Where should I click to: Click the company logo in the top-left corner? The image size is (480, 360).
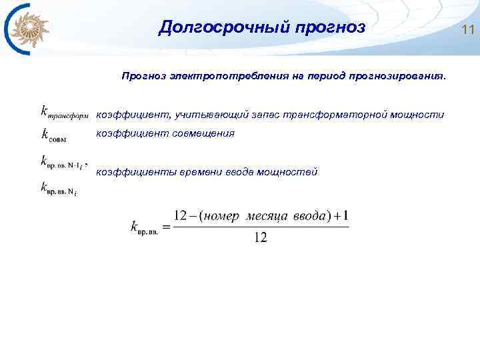point(27,29)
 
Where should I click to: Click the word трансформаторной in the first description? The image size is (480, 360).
point(327,115)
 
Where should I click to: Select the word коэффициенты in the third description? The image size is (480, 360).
point(130,173)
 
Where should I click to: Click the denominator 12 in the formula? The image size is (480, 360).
point(260,238)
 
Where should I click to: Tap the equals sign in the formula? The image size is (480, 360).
point(166,227)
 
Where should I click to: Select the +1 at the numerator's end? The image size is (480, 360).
point(343,216)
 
